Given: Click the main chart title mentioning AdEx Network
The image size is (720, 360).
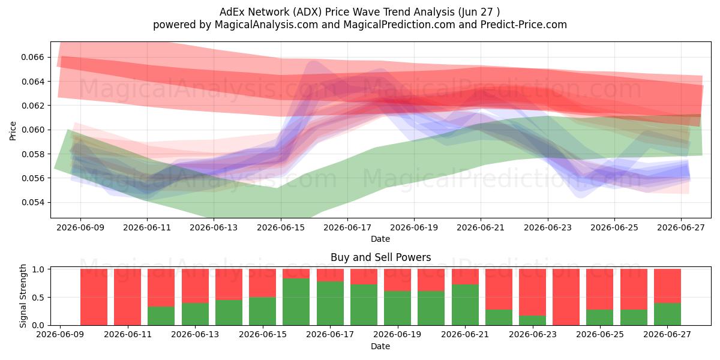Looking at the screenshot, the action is click(x=359, y=12).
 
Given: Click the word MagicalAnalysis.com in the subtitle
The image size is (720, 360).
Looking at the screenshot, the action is click(x=266, y=25).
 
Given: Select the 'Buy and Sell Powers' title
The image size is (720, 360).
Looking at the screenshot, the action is click(x=380, y=257).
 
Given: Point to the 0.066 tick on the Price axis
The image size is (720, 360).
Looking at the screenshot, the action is click(x=33, y=57).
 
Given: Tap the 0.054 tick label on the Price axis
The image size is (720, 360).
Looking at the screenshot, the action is click(x=33, y=203).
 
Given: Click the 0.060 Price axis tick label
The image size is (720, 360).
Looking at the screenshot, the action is click(x=33, y=130).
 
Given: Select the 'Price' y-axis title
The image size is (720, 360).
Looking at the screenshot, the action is click(x=13, y=131).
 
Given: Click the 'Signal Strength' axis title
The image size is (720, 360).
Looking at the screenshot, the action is click(x=23, y=296).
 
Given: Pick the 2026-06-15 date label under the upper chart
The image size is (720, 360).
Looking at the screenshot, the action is click(x=281, y=227).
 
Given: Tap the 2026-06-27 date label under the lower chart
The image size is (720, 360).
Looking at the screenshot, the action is click(x=667, y=335).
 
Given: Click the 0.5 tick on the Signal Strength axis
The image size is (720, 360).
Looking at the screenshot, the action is click(x=38, y=298).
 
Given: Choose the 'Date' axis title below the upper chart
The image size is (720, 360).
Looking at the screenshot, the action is click(x=380, y=239).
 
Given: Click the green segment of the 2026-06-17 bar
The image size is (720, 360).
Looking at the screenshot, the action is click(x=330, y=304).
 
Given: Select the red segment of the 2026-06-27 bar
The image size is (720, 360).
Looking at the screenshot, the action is click(x=667, y=286).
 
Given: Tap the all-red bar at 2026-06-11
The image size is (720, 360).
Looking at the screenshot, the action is click(x=127, y=297).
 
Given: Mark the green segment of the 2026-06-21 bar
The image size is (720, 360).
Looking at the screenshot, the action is click(x=465, y=305).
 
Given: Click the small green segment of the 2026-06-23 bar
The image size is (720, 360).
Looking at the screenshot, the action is click(x=532, y=320).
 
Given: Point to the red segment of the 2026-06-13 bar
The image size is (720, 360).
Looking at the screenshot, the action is click(x=195, y=286).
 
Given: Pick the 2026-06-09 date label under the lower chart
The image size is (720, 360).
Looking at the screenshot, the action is click(x=60, y=335).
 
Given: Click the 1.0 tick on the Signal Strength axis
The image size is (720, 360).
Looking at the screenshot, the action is click(x=38, y=269).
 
